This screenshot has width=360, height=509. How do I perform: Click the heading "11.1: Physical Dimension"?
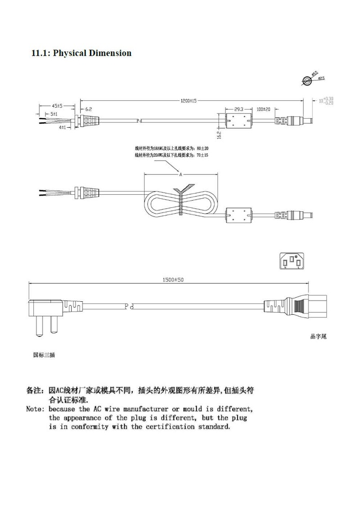[x=81, y=53]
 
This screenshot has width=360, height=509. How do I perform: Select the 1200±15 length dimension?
[x=189, y=101]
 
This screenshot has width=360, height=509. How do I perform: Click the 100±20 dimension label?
[x=263, y=109]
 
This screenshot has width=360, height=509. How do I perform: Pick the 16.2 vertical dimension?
[x=219, y=134]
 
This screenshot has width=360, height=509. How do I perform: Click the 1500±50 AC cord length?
[x=173, y=280]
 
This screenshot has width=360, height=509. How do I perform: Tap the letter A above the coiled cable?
[x=180, y=174]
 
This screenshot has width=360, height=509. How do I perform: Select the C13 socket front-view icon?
[x=291, y=261]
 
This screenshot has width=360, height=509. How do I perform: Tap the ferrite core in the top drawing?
[x=238, y=121]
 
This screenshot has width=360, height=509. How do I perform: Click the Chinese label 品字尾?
[x=318, y=336]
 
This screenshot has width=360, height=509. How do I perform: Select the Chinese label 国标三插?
[x=44, y=354]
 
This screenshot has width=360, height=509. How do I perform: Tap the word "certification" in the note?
[x=170, y=426]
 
